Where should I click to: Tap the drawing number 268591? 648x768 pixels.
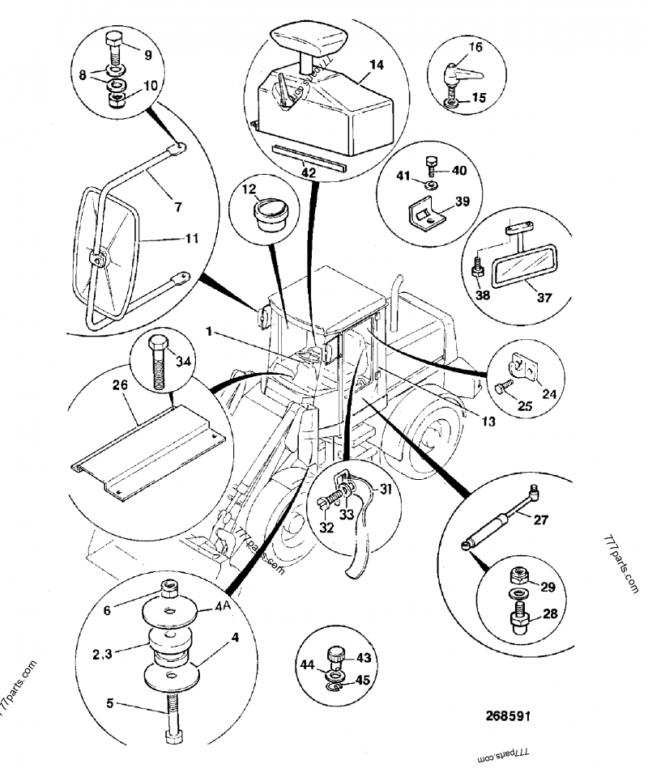(508, 715)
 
